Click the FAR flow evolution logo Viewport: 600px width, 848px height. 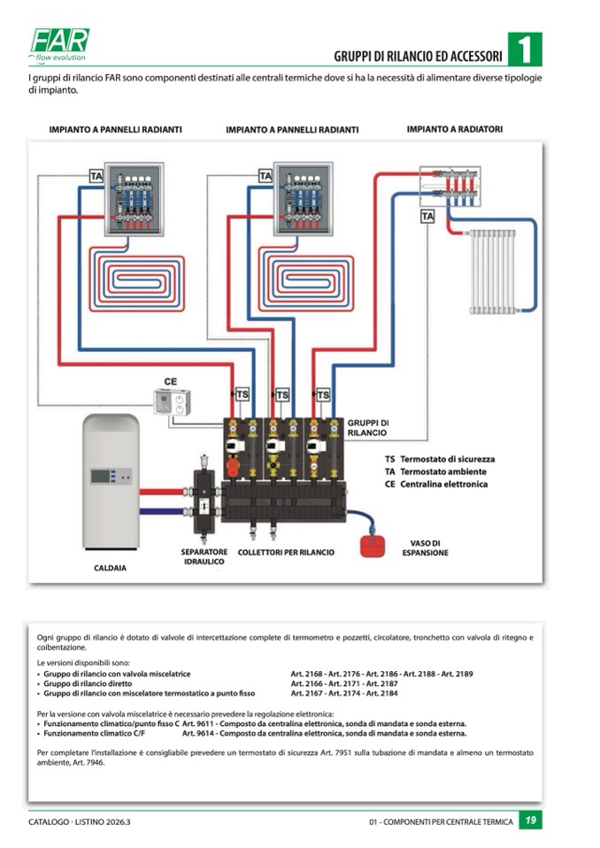60,43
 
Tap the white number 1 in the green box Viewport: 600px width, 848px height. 525,50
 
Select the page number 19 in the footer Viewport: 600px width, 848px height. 529,821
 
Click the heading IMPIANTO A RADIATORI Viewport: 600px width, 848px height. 454,129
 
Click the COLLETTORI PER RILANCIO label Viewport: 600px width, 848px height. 285,553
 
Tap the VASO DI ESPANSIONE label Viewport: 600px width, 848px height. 425,548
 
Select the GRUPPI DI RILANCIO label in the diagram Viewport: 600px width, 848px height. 367,428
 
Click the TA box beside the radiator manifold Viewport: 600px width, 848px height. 427,216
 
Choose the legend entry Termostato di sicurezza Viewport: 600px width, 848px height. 447,460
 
